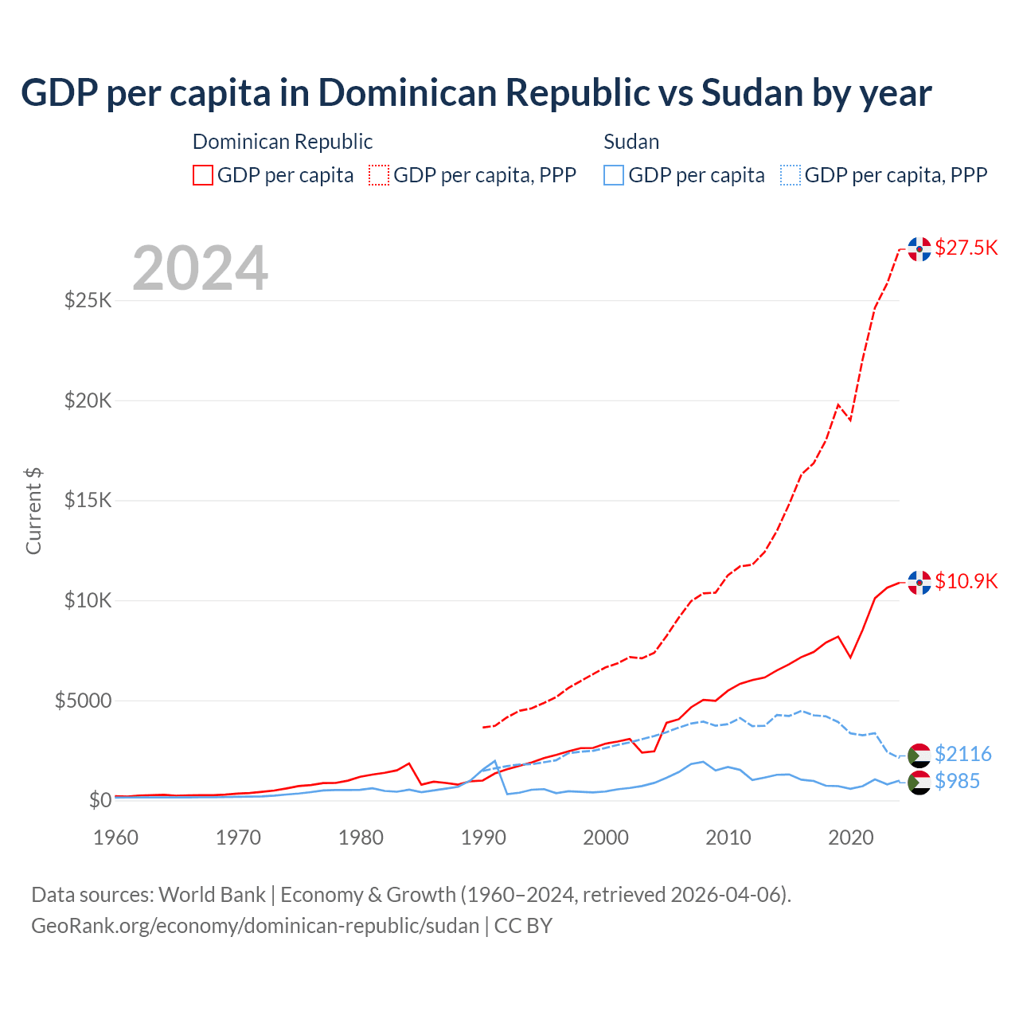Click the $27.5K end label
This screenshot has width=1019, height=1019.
tap(966, 248)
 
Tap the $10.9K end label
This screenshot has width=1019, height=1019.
tap(966, 581)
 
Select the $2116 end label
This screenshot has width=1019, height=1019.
tap(962, 754)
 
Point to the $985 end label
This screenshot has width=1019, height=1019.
tap(957, 781)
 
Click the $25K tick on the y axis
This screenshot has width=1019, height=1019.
tap(88, 301)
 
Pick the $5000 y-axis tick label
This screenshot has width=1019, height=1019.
tap(83, 701)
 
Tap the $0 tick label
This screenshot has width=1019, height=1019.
tap(100, 800)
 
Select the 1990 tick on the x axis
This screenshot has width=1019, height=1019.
tap(483, 837)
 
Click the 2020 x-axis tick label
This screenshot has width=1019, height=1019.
tap(851, 837)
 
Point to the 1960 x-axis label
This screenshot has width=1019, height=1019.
tap(116, 837)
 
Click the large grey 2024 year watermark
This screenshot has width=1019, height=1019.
tap(200, 269)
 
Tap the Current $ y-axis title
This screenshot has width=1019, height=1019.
tap(33, 511)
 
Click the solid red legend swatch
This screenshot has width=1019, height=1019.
tap(203, 175)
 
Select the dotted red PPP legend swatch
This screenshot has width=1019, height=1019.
tap(379, 175)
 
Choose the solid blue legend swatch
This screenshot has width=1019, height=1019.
tap(614, 175)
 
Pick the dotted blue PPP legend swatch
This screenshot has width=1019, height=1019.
tap(791, 175)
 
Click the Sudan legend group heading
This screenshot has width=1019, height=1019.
tap(631, 142)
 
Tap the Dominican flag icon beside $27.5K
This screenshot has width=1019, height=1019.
tap(919, 249)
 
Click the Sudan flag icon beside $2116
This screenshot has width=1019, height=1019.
tap(919, 755)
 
